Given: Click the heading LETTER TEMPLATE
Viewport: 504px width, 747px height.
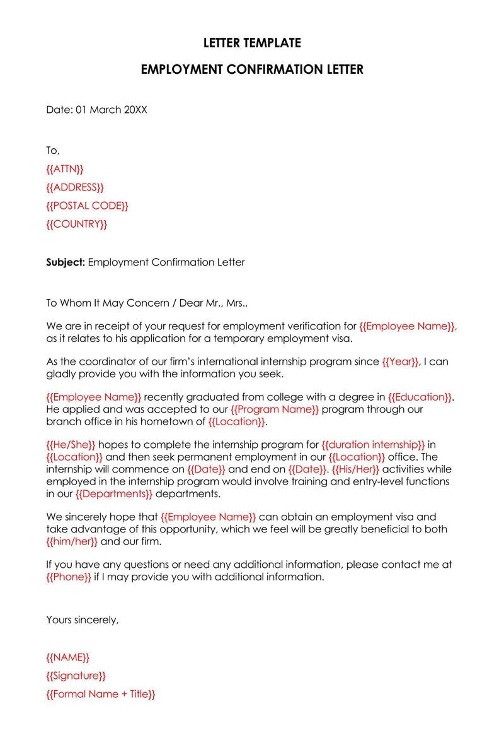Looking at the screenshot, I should (252, 43).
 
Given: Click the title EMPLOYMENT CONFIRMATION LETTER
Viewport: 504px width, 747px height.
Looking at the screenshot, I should (252, 69).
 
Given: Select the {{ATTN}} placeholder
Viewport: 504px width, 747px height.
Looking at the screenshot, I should (65, 169).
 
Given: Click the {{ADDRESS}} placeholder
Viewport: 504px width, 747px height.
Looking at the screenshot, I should (75, 187).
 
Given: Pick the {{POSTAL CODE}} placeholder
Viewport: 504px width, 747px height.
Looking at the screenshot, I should (87, 206).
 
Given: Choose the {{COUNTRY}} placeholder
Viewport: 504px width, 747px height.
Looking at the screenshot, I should (76, 224).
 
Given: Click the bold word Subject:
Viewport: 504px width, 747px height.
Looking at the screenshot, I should (66, 262).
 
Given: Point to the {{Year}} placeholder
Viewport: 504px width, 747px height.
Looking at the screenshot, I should (401, 362).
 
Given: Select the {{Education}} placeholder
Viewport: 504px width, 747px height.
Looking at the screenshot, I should (420, 397).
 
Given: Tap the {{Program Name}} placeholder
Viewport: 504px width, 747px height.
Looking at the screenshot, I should (275, 409).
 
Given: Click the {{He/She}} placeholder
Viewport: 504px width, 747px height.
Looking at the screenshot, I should (71, 444).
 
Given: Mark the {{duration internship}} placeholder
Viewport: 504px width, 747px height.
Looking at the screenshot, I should (373, 444).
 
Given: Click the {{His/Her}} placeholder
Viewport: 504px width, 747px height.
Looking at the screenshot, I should (355, 469).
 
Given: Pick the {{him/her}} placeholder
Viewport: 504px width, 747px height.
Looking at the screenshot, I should (72, 541).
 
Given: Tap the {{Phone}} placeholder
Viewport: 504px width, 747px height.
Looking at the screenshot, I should (69, 577).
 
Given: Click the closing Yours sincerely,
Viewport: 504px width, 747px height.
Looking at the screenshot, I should (82, 620).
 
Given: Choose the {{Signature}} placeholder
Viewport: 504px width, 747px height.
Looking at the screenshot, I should (76, 676).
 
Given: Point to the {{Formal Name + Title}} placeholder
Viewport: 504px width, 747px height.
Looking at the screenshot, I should (101, 694).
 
